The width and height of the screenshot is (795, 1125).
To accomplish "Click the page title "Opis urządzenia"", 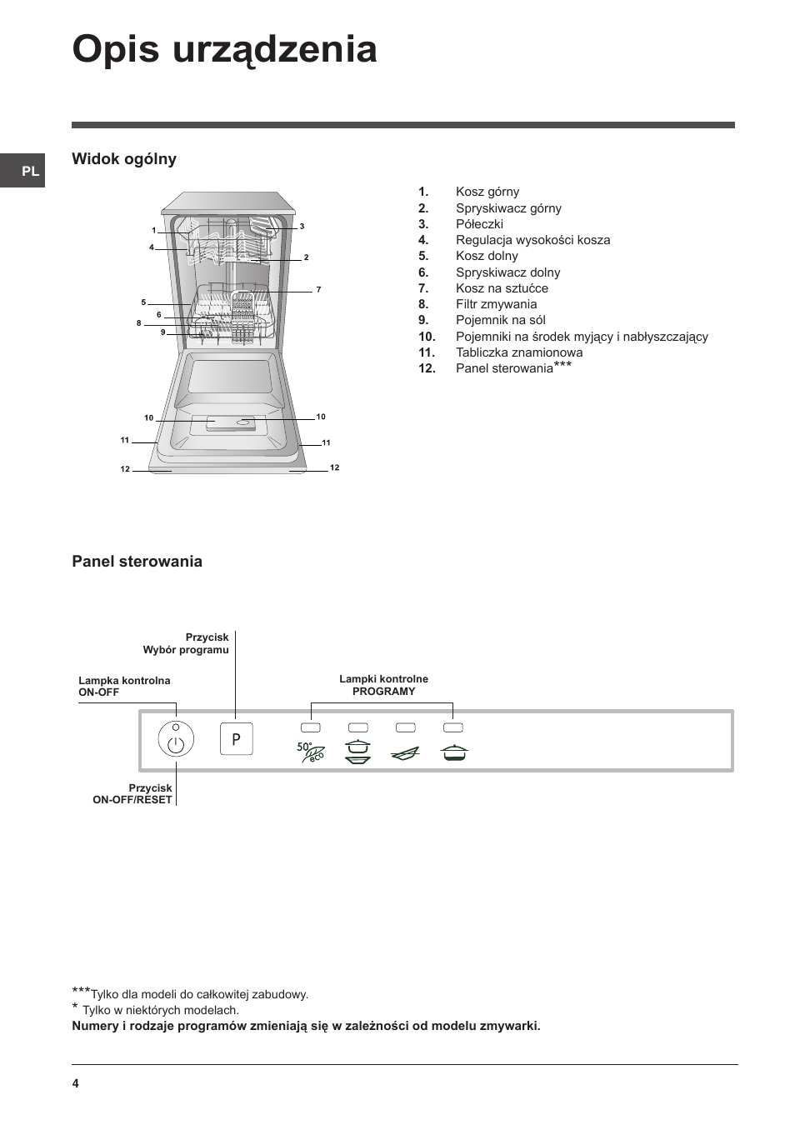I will (224, 50).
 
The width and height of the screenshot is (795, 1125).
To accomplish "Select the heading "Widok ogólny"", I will (124, 159).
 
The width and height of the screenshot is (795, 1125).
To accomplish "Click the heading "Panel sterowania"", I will (137, 562).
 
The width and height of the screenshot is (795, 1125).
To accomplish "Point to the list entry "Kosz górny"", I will (487, 192).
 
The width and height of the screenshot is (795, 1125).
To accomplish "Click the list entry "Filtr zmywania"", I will (496, 304).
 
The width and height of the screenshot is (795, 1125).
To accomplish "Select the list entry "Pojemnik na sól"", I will (500, 320).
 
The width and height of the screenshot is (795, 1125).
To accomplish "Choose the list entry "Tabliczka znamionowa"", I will (518, 352).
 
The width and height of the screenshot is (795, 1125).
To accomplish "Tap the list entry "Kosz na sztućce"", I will (502, 288).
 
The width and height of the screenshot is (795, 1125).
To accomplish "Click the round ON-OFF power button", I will (176, 740).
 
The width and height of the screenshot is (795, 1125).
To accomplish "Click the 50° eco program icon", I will (310, 752).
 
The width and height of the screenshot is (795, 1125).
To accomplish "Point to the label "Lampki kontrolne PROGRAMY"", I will (383, 685).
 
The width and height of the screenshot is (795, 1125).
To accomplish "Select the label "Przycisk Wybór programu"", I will (186, 643).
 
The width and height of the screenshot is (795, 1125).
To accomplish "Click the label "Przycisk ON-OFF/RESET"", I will (132, 793).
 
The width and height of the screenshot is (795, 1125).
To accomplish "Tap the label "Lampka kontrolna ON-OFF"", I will (124, 686).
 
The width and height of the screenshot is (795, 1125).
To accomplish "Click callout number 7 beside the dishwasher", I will (318, 290).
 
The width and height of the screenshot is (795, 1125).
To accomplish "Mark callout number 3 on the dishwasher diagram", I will (302, 227).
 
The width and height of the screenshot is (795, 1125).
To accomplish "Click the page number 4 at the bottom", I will (75, 1083).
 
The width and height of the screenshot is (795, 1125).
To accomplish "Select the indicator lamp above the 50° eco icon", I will (310, 727).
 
